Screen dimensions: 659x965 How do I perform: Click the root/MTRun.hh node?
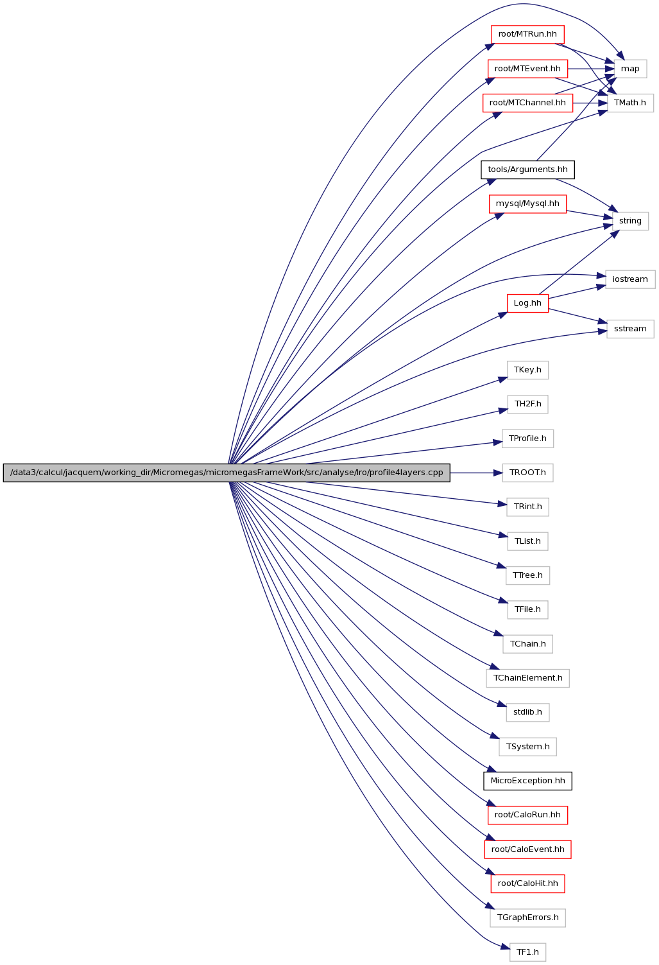tap(527, 34)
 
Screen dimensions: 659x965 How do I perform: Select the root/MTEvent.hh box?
tap(527, 69)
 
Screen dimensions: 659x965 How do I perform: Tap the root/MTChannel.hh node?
tap(527, 103)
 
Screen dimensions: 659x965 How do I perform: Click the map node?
tap(629, 69)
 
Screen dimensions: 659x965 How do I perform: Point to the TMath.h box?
tap(629, 103)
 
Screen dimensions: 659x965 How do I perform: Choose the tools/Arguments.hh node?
tap(527, 170)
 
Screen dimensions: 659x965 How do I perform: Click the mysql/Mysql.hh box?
tap(527, 204)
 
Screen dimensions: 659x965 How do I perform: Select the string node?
tap(630, 221)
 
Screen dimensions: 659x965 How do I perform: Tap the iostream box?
tap(630, 279)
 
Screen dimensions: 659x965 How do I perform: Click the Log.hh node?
tap(527, 303)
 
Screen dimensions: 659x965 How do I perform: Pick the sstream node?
tap(630, 329)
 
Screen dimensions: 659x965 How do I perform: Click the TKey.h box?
tap(527, 370)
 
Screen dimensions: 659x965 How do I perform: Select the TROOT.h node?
tap(527, 473)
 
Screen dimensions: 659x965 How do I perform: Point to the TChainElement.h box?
tap(527, 678)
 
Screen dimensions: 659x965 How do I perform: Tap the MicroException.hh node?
tap(527, 781)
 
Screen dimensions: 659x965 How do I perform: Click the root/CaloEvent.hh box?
tap(527, 849)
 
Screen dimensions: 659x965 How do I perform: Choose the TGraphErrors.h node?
tap(527, 917)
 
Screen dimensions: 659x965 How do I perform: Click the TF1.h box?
tap(527, 952)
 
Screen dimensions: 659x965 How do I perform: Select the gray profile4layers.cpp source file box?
tap(227, 473)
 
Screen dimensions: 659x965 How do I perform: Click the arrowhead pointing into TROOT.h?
tap(498, 473)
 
